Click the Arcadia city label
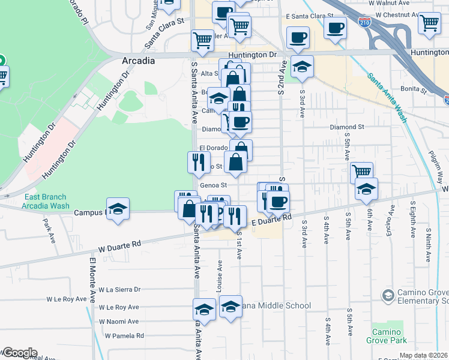(x=138, y=61)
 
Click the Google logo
(x=19, y=353)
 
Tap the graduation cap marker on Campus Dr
(x=118, y=209)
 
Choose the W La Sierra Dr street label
(x=119, y=289)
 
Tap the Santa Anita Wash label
(x=388, y=98)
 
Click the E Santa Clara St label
(x=310, y=16)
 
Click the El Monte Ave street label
(x=93, y=280)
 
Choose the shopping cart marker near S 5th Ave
(x=361, y=172)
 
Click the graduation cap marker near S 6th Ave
(x=366, y=190)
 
